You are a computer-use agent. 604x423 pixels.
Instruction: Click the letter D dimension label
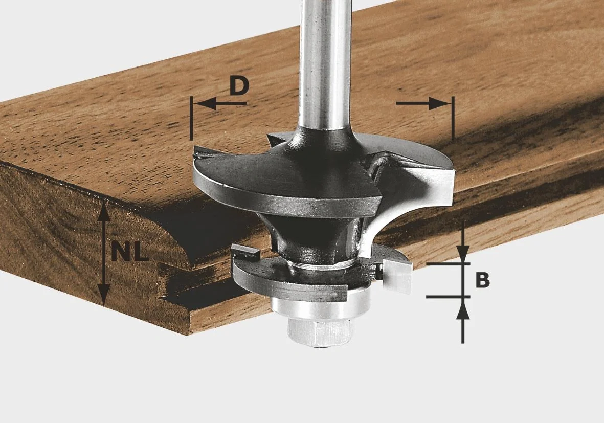(x=239, y=86)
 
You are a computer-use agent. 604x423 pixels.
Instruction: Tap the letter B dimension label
(x=482, y=280)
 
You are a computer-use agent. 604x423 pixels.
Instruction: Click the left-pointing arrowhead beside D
(x=204, y=104)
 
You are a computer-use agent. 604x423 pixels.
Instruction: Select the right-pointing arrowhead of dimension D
(x=440, y=104)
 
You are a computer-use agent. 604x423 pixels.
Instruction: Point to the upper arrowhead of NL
(x=103, y=211)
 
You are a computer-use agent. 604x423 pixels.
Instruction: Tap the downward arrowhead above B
(x=463, y=254)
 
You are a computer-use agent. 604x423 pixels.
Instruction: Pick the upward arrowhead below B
(x=463, y=307)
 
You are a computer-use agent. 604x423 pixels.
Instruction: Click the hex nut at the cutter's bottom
(x=320, y=332)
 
